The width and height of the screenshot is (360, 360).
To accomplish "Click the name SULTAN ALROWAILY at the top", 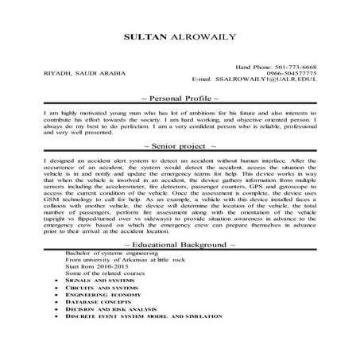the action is pos(180,37).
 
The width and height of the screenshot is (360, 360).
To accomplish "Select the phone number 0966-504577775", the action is pos(292,73).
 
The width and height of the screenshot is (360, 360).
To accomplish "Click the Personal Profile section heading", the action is pos(180,97).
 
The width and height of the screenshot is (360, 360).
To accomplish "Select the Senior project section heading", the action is pos(180,147).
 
